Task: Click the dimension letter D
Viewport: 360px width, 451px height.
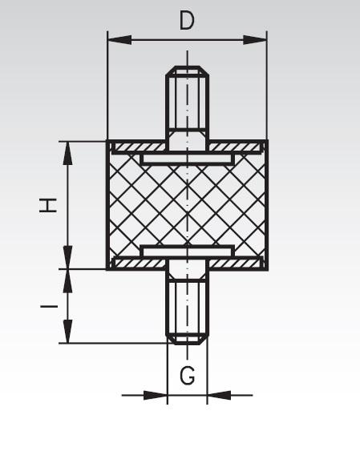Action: (187, 20)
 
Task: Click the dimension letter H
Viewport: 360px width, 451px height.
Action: (50, 205)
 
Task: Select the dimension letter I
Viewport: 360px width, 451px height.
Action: (50, 306)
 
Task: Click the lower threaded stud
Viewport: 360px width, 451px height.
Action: (188, 308)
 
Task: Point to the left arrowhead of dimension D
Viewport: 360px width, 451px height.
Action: (115, 38)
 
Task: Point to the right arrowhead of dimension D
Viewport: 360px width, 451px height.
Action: (260, 38)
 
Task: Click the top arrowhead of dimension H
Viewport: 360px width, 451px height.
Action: (68, 148)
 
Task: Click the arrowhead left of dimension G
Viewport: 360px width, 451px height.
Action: (159, 394)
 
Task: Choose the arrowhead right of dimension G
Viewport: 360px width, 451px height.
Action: (215, 394)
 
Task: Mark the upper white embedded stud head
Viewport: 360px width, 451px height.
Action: (188, 159)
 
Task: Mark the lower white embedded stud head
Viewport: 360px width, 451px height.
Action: (188, 251)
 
